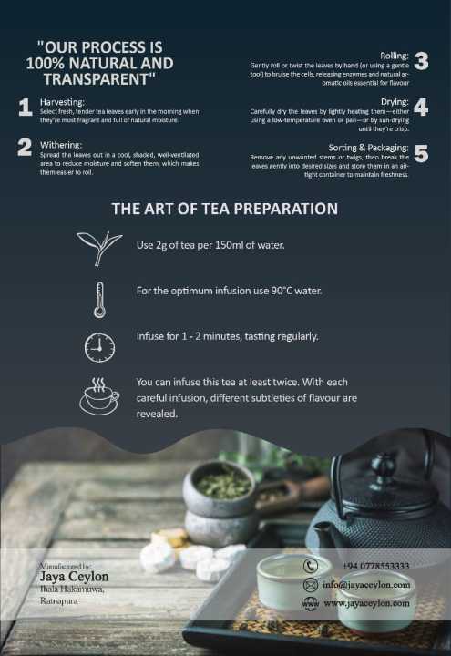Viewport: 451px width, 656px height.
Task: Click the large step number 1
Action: coord(26,108)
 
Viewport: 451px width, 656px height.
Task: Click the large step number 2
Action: coord(26,149)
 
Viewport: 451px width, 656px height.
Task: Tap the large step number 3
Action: coord(421,62)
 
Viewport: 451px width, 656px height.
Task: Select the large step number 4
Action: coord(421,107)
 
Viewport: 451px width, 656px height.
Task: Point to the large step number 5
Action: coord(421,152)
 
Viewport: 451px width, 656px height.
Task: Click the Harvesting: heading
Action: coord(63,101)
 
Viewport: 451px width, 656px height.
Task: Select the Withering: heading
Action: coord(61,145)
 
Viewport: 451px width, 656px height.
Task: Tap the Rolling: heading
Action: coord(394,56)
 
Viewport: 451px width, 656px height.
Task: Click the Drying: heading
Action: coord(395,101)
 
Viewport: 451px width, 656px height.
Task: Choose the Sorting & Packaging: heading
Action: coord(368,147)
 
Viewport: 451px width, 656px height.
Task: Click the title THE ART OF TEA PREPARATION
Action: coord(224,209)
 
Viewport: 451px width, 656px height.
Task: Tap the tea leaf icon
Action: coord(99,247)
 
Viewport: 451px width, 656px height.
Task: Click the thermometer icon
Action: coord(99,298)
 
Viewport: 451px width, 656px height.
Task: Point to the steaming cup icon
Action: coord(99,396)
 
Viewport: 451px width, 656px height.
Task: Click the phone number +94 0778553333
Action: coord(375,566)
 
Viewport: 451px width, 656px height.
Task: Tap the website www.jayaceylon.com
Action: coord(366,603)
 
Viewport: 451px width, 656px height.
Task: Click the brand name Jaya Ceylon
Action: coord(74,577)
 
